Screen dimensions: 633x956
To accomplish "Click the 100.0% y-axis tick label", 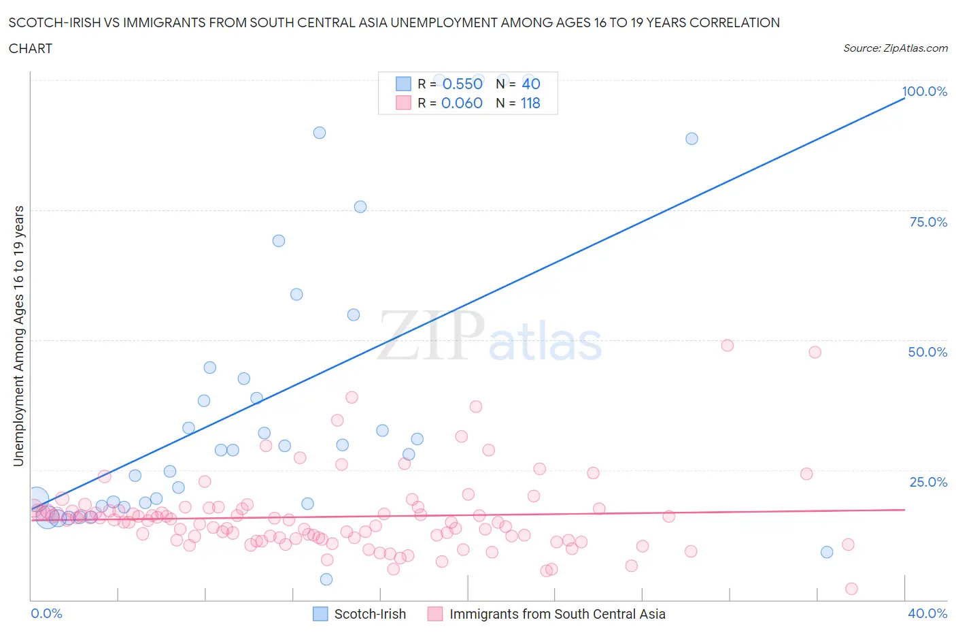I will point(924,91).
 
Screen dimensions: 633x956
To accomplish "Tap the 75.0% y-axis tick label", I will point(927,222).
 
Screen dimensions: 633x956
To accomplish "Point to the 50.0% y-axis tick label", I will point(927,352).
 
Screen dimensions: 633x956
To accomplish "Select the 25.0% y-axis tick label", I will point(927,482).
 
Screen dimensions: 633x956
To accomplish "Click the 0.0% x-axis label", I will point(46,613).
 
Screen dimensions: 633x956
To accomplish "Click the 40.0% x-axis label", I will point(927,613).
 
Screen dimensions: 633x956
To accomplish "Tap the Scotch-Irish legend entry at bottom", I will point(369,614).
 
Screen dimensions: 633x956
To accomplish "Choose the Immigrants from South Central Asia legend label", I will point(557,614).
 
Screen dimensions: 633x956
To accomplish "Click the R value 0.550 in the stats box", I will point(462,84).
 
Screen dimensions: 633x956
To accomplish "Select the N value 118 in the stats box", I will point(530,103).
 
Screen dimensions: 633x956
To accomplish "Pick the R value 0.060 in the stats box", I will point(462,103).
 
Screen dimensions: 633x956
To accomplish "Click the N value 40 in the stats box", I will point(530,84).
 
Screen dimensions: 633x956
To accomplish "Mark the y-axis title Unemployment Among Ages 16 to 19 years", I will point(18,336).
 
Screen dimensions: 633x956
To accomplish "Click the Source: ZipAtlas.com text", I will point(895,48).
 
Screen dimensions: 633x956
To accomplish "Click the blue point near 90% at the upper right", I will point(692,138).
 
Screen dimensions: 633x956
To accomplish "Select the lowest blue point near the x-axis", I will point(326,579).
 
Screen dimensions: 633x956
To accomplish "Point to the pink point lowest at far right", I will point(851,589).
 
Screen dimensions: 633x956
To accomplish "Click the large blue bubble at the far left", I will point(38,500).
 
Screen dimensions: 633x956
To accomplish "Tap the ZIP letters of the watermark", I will point(431,336).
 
